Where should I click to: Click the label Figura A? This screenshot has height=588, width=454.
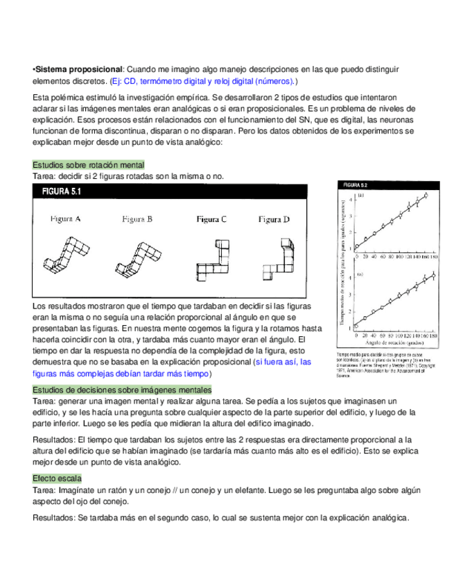coord(65,219)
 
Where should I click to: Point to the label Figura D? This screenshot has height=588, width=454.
coord(274,219)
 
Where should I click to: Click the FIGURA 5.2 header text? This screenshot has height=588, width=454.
coord(355,185)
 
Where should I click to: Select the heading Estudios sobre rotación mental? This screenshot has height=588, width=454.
coord(89,166)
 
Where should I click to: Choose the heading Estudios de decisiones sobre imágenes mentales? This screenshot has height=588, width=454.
coord(122,390)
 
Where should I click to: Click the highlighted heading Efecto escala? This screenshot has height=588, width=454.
coord(57,478)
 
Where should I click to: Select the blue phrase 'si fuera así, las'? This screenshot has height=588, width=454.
coord(283,362)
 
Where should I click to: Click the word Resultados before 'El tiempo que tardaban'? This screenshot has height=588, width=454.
coord(54,439)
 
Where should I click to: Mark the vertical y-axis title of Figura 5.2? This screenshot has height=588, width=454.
coord(343,266)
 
